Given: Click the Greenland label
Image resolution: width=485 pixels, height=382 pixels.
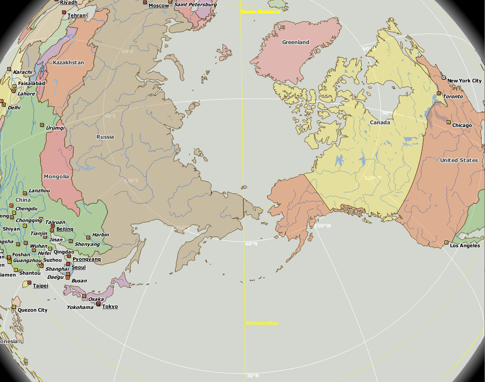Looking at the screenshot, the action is click(x=296, y=42).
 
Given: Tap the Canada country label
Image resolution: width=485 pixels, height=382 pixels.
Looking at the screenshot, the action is click(x=380, y=123).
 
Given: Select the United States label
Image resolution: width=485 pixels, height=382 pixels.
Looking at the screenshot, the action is click(x=459, y=160).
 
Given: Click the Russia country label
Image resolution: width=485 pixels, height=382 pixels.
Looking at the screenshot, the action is click(x=105, y=137).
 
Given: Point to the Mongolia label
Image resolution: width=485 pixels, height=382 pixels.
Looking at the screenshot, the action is click(x=56, y=177).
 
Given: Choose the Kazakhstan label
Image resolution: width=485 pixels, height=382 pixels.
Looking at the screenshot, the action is click(x=68, y=63).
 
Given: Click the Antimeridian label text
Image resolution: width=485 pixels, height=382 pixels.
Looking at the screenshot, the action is click(x=262, y=323).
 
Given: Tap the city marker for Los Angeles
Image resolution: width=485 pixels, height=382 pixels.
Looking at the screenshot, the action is click(x=446, y=243).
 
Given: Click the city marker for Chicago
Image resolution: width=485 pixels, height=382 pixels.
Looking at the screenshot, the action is click(x=448, y=123).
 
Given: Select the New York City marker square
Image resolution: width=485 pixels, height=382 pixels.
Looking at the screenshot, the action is click(x=444, y=77).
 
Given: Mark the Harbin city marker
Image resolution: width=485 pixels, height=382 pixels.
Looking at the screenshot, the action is click(x=88, y=237).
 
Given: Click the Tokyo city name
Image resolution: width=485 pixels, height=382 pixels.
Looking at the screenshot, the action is click(x=110, y=307).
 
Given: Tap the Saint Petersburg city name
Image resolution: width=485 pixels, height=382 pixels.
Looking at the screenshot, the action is click(x=195, y=5).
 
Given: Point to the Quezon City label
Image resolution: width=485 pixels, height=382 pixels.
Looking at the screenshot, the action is click(x=32, y=310).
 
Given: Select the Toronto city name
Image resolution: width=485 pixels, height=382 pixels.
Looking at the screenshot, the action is click(x=453, y=96).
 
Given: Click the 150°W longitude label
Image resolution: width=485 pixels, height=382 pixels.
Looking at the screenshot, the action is click(x=322, y=226).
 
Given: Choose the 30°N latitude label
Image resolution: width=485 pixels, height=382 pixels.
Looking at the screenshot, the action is click(x=252, y=376).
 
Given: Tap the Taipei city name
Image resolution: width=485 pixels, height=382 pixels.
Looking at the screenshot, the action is click(x=41, y=286).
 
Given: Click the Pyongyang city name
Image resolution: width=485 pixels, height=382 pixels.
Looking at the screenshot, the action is click(x=87, y=259).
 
